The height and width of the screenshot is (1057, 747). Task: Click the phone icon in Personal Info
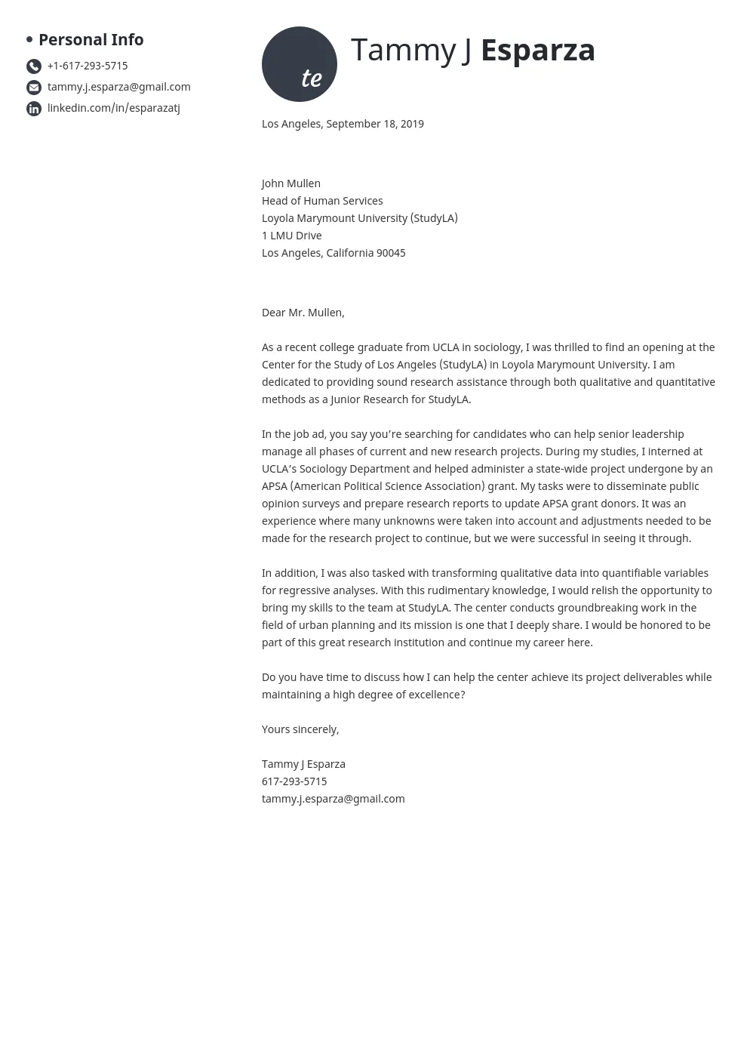34,66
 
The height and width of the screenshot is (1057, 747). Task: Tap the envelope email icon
34,88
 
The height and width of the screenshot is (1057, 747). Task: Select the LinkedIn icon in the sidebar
34,109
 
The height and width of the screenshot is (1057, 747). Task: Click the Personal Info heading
91,39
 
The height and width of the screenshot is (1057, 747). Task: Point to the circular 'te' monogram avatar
300,64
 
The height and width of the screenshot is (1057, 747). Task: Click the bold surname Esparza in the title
537,51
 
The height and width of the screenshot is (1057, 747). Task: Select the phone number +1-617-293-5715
88,66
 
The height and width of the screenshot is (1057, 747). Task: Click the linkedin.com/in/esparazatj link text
113,108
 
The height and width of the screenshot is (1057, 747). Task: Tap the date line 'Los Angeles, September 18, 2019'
343,124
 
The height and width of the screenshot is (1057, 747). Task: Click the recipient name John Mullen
291,183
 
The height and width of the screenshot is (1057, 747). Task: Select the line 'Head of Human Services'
322,201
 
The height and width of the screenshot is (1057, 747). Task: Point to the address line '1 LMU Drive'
292,236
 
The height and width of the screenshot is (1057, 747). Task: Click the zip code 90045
391,253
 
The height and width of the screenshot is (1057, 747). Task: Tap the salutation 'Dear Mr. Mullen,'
303,313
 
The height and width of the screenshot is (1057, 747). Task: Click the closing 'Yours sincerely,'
300,729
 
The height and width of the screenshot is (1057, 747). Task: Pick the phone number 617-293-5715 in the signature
294,781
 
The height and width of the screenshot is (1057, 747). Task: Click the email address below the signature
333,799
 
